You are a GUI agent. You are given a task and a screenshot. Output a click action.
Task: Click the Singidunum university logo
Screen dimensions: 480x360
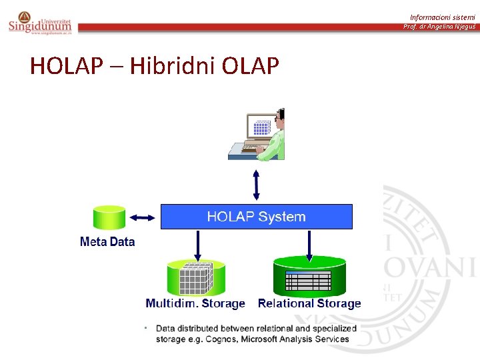tap(39, 23)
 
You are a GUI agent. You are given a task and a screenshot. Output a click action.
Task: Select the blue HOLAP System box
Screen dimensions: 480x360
tap(256, 217)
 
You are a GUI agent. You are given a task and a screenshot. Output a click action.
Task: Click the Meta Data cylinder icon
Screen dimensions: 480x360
tap(109, 217)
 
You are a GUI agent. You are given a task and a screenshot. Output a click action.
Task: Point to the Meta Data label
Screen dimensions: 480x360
tap(107, 242)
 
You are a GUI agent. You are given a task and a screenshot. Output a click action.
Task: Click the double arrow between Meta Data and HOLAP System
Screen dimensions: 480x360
tap(142, 217)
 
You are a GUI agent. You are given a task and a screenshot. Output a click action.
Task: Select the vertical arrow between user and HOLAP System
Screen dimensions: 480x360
tap(257, 184)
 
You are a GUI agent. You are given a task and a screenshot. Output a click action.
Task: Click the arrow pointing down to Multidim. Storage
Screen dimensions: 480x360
tap(197, 246)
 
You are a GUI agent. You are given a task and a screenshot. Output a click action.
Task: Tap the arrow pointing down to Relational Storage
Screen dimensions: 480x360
tap(308, 246)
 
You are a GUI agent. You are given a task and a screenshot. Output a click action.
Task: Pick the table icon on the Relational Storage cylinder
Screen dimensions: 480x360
tap(308, 281)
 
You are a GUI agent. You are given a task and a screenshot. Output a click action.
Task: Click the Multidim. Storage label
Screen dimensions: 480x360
tap(195, 304)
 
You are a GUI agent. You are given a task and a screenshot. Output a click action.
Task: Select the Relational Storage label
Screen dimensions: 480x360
tap(309, 304)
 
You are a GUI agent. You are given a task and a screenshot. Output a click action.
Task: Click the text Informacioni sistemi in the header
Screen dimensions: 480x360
tap(443, 17)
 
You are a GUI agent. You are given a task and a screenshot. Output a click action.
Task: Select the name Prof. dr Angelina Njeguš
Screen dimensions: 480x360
tap(439, 27)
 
